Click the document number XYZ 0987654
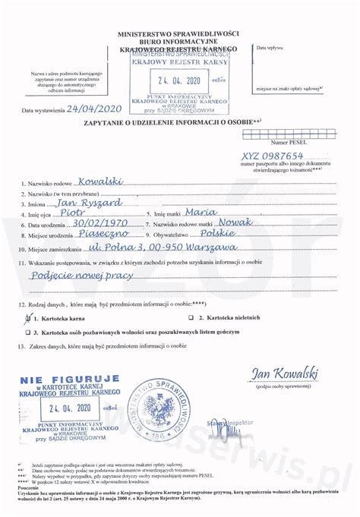tap(266, 155)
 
